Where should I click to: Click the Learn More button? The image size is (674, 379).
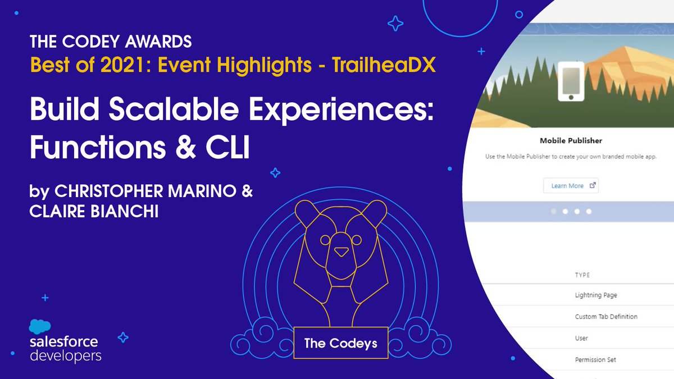pos(571,186)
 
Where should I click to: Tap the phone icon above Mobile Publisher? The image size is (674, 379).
pos(571,81)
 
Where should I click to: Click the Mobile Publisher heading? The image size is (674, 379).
pos(571,140)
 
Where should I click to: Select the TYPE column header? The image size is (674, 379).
pos(582,275)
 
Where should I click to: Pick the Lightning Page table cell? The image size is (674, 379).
pos(596,295)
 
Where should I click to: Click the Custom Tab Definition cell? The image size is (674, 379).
pos(606,317)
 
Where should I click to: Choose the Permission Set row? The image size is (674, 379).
pos(595,359)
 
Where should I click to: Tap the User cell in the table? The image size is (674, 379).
pos(581,338)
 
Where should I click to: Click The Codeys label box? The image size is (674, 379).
pos(341,342)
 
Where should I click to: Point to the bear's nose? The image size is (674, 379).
pos(341,252)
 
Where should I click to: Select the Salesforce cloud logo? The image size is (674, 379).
pos(40,327)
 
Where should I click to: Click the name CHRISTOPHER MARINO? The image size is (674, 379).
pos(135,191)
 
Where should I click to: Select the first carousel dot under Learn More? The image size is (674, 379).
pos(554,212)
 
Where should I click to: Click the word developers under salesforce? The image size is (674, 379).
pos(65,355)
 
